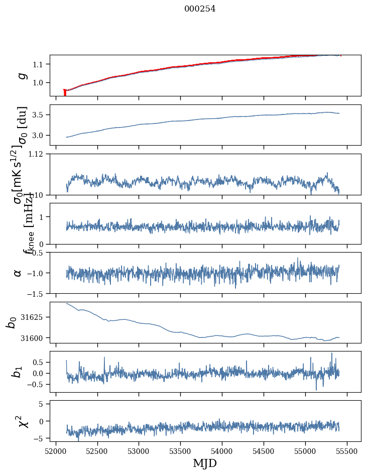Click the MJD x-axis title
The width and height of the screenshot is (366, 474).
[x=205, y=463]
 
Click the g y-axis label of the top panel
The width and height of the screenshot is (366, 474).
[x=21, y=75]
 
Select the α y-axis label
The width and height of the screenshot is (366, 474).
[x=18, y=273]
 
